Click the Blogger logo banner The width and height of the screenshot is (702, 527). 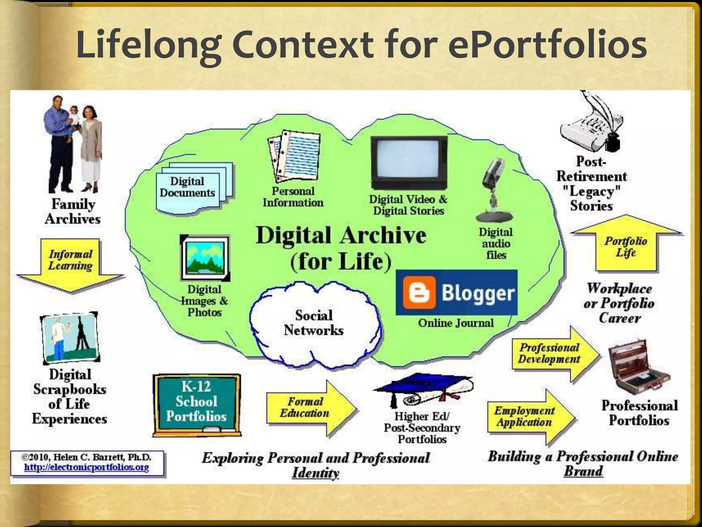[457, 292]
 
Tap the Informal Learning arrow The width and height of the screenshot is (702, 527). [70, 262]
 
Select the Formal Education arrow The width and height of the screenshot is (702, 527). [308, 408]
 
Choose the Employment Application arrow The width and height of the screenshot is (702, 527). [528, 417]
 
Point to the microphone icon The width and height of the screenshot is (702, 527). [494, 189]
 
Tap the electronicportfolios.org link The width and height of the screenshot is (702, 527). [86, 467]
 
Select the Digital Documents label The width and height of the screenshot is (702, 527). [187, 187]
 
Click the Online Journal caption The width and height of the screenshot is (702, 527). [456, 323]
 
